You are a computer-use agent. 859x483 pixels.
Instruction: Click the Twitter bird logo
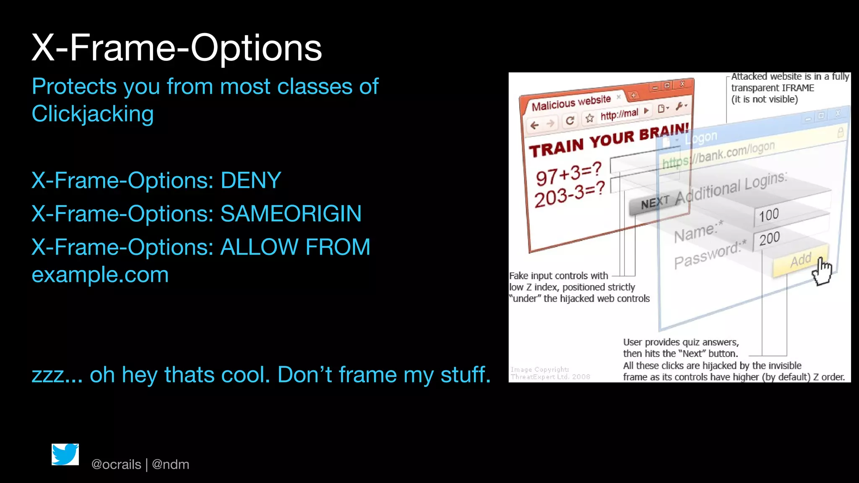[x=65, y=454]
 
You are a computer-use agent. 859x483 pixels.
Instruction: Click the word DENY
[x=250, y=181]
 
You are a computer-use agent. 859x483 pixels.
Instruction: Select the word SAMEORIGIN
[x=291, y=214]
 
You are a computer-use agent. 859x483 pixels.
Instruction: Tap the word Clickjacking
[x=93, y=114]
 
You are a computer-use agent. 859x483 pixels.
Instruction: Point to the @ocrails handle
[x=116, y=465]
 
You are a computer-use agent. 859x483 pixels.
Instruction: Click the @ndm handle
[x=171, y=465]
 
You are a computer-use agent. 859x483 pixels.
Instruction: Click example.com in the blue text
[x=100, y=275]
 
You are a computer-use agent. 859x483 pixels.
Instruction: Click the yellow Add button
[x=800, y=260]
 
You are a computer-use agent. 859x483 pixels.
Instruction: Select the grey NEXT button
[x=654, y=203]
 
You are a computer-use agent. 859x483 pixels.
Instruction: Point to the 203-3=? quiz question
[x=569, y=194]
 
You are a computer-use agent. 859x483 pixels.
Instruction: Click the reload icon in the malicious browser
[x=570, y=121]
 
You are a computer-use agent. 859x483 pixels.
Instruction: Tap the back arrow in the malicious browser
[x=534, y=125]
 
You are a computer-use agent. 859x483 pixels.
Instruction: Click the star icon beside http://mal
[x=590, y=118]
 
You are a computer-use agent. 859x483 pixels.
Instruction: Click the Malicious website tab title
[x=571, y=103]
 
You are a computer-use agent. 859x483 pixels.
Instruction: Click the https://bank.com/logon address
[x=718, y=155]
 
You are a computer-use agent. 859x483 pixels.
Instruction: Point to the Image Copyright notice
[x=550, y=373]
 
